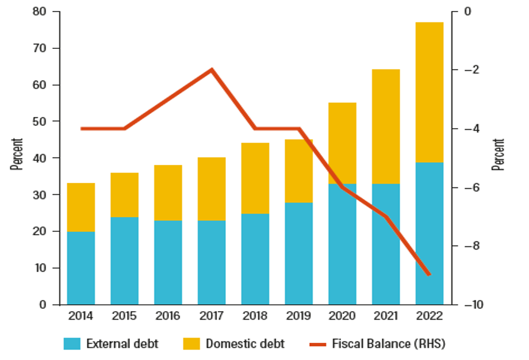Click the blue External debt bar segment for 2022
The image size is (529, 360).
(430, 233)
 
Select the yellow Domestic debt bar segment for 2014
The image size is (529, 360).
(81, 207)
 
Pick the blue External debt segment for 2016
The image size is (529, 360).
(168, 262)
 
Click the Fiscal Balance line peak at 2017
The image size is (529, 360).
(212, 70)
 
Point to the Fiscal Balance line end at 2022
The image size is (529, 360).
(429, 274)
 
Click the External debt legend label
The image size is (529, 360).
(122, 344)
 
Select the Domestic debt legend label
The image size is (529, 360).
(245, 344)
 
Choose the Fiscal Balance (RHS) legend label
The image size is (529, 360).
(389, 344)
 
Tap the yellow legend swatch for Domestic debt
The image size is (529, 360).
(191, 344)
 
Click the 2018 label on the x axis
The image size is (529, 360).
(255, 316)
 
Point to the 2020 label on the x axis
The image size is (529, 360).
(342, 316)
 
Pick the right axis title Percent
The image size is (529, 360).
(498, 154)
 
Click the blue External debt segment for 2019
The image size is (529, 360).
(299, 253)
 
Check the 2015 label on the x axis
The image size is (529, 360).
(124, 316)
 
